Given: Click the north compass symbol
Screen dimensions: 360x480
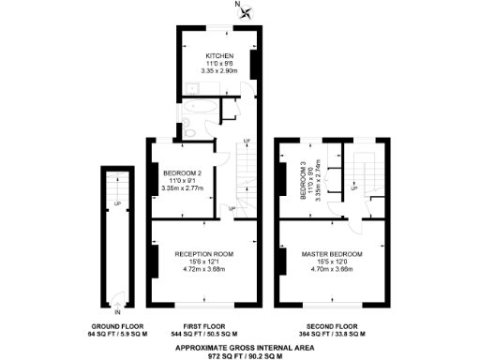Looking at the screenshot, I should (246, 12).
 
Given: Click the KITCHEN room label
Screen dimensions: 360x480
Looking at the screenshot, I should (220, 55).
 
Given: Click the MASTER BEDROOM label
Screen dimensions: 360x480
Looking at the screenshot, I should (332, 254).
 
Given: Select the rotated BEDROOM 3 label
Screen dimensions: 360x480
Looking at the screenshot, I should (303, 179).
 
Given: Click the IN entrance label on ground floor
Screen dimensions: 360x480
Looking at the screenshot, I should (118, 312).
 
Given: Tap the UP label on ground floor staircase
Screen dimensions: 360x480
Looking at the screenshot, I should (117, 203).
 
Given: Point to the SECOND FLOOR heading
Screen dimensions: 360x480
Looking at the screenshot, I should (333, 326).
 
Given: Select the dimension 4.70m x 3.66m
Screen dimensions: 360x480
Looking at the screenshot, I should (332, 270).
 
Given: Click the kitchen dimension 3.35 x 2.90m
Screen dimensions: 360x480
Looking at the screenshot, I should (220, 71).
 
